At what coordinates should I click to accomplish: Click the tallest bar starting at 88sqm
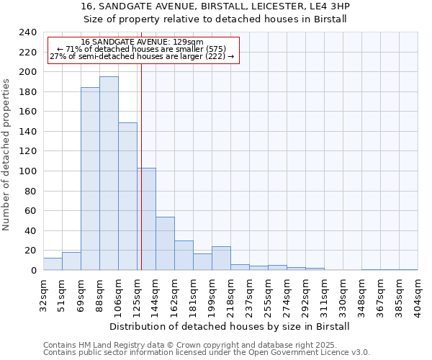109,173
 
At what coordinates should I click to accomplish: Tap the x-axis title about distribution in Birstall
230,326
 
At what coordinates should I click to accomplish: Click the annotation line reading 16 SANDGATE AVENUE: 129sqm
142,42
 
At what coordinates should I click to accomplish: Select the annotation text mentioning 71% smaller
142,49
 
